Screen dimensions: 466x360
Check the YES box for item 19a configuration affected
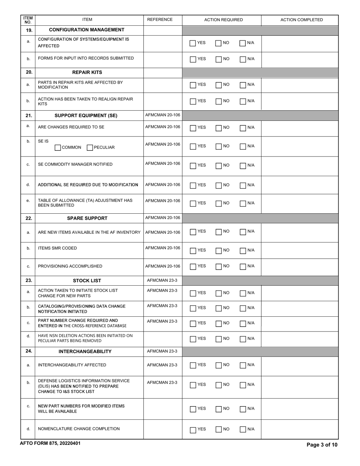193,43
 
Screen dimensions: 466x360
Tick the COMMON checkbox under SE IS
58,148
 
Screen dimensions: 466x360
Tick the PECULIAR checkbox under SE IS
90,148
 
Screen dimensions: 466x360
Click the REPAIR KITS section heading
87,72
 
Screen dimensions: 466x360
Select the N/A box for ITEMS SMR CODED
243,250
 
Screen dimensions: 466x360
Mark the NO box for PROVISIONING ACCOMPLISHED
219,266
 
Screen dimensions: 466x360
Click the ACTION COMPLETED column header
302,20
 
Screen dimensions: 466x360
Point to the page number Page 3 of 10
322,445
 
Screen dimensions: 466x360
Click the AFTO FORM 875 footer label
50,443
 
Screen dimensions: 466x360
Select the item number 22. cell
28,218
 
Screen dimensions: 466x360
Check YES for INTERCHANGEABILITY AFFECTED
193,366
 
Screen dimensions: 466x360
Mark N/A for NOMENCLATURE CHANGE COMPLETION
243,430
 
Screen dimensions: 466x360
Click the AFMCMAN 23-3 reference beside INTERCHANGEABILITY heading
162,351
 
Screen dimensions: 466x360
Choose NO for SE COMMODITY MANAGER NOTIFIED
219,166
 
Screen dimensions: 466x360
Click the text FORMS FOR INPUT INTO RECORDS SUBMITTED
86,58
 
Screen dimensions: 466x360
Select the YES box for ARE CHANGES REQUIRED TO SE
193,128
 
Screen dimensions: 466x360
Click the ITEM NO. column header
28,20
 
